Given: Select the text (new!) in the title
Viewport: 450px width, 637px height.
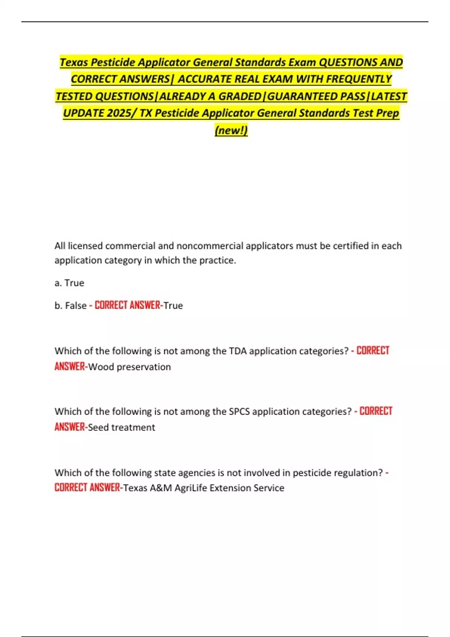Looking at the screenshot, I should coord(231,130).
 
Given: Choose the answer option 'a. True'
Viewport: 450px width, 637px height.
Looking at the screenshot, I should coord(69,283).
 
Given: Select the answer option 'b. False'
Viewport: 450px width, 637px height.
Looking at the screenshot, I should coord(70,306).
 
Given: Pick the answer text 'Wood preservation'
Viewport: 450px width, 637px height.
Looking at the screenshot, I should coord(129,367).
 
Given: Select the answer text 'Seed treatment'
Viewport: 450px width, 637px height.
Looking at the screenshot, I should coord(121,428).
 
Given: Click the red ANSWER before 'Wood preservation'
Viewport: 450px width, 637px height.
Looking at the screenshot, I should coord(70,366).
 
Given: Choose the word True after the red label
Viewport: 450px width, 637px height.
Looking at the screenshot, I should coord(173,306).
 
